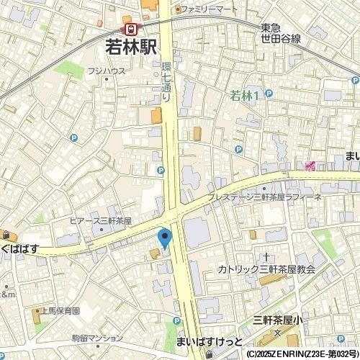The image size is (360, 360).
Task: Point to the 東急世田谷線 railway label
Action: [x=282, y=32]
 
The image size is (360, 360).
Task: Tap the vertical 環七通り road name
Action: [x=166, y=79]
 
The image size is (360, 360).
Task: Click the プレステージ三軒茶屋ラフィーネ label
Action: [x=264, y=197]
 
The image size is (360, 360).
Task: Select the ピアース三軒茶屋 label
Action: [x=101, y=220]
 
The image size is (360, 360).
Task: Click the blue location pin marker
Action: [x=164, y=237]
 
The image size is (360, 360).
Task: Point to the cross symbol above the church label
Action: [x=266, y=256]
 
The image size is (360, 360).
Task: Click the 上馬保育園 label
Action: [x=60, y=310]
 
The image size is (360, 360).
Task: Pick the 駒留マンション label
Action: [x=98, y=338]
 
